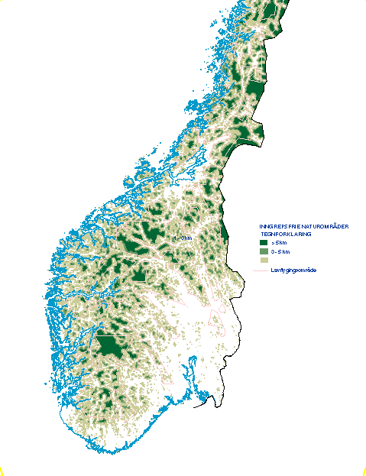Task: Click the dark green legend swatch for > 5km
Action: (264, 242)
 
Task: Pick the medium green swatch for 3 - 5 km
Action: (264, 251)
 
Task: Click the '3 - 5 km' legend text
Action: (280, 251)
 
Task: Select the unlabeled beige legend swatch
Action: (264, 261)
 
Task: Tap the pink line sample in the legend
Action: (261, 270)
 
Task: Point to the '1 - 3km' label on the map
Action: (183, 238)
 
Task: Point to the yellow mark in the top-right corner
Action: (364, 2)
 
